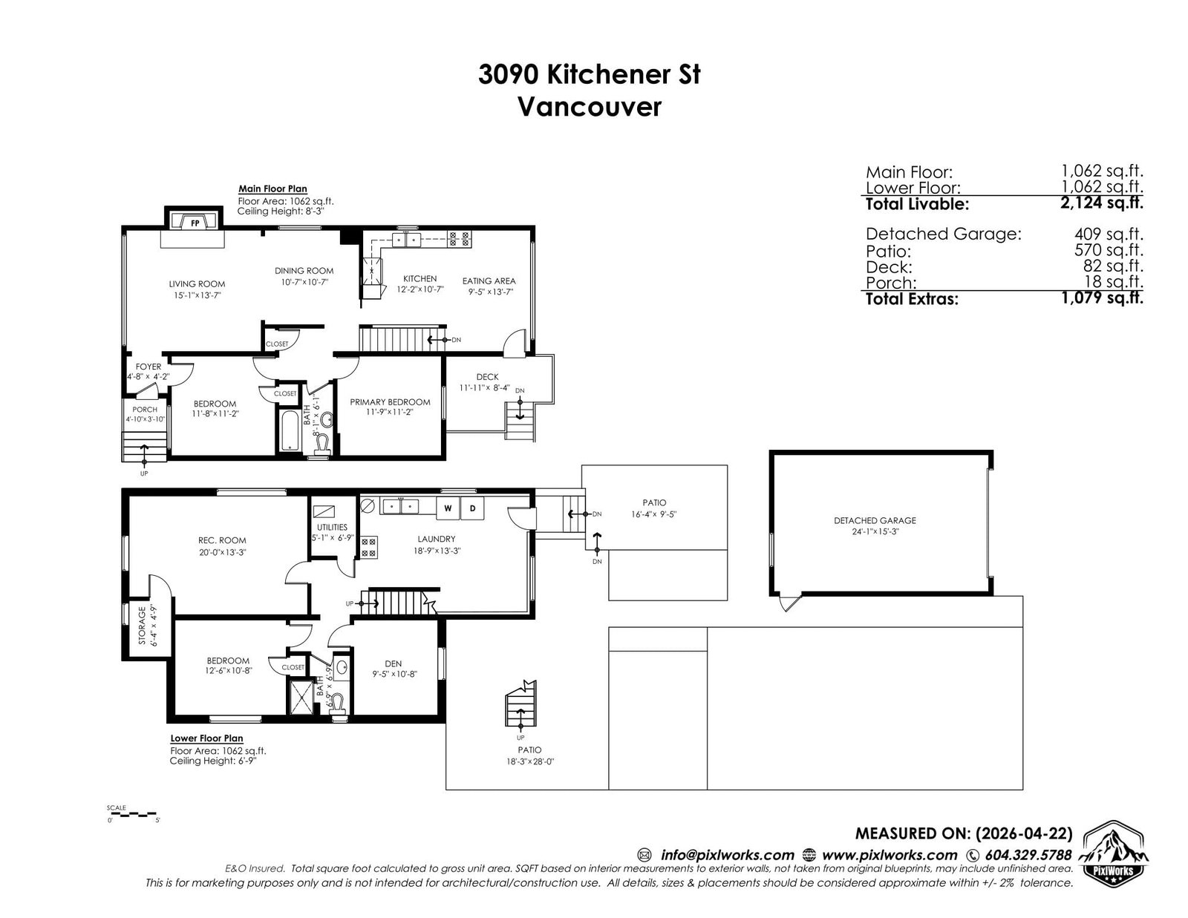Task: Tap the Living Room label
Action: point(197,283)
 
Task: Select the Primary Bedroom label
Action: point(390,401)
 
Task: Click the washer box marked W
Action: point(448,508)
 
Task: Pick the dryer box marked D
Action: point(472,508)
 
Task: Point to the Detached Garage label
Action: point(875,521)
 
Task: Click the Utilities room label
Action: point(332,527)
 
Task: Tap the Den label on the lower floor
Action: point(393,663)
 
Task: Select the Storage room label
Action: point(142,625)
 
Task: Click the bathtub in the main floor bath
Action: point(290,430)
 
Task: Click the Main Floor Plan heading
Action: point(272,189)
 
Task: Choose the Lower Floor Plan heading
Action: point(206,738)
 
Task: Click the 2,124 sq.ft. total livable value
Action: point(1102,203)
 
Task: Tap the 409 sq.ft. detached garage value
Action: point(1109,234)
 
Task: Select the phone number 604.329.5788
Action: point(1028,855)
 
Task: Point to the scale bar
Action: point(133,813)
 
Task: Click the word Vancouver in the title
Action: point(590,107)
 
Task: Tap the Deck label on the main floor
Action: point(487,377)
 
